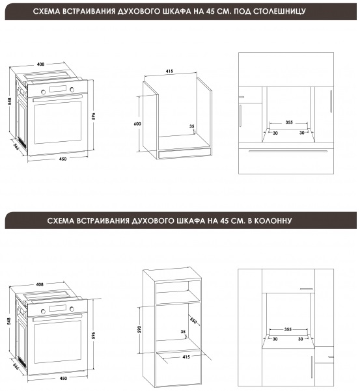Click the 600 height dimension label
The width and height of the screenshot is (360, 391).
click(137, 124)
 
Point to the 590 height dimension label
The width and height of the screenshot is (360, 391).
click(139, 329)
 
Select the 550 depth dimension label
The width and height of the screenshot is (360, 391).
click(193, 321)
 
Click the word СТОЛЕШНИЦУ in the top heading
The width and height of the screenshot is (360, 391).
click(279, 11)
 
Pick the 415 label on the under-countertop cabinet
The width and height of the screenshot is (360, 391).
click(169, 72)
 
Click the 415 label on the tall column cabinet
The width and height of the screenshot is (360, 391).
click(186, 357)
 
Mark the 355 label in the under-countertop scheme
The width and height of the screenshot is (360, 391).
click(289, 122)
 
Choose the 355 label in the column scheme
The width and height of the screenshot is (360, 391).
click(288, 329)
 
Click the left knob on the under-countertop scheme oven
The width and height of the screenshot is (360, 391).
click(44, 92)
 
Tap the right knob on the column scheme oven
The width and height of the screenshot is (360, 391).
click(72, 309)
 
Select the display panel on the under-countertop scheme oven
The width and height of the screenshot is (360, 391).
click(58, 89)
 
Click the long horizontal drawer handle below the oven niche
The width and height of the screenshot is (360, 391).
click(288, 151)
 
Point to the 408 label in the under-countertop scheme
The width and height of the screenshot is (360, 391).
click(40, 64)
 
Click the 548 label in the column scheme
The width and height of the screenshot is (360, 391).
click(9, 321)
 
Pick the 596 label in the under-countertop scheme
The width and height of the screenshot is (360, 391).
click(94, 116)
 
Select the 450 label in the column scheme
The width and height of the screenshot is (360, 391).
click(63, 378)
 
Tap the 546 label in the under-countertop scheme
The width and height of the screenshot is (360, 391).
click(16, 146)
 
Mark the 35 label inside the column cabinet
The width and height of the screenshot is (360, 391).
click(183, 332)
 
